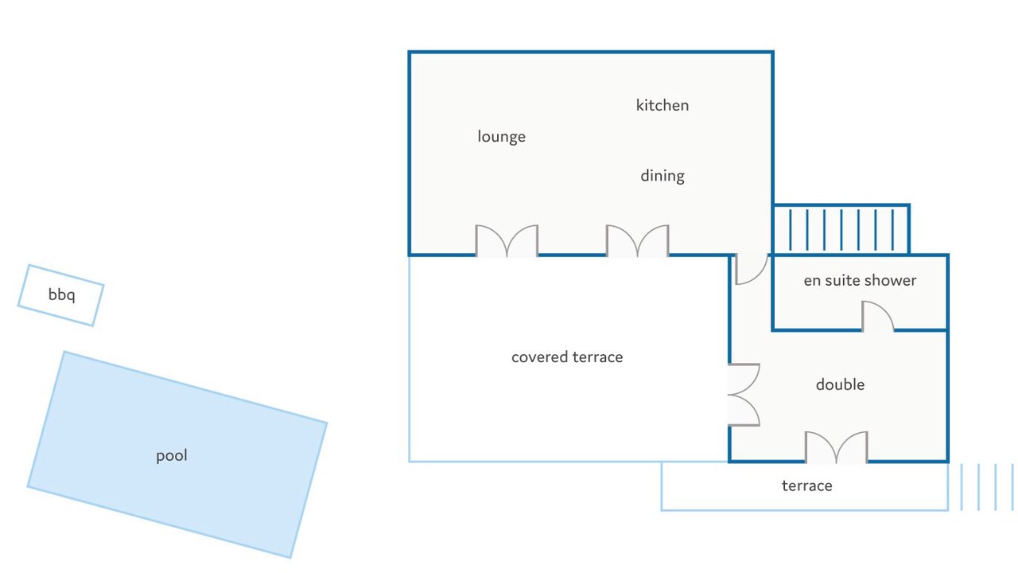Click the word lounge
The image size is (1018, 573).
[501, 136]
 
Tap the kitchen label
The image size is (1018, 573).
[662, 105]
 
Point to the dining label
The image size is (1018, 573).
[662, 176]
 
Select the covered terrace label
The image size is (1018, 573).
[567, 357]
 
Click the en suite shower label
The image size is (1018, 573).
[860, 280]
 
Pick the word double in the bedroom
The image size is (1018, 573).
[840, 384]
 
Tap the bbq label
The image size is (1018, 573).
[61, 294]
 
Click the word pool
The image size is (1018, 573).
[171, 455]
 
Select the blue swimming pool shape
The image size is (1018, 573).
[177, 454]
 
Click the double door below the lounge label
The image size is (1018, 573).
[507, 240]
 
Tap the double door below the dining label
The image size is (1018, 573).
[638, 240]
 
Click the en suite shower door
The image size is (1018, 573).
[877, 316]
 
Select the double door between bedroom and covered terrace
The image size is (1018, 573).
[744, 395]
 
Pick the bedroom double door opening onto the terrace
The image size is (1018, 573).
[836, 447]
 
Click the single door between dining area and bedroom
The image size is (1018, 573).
[752, 269]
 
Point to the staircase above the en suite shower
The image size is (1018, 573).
[841, 228]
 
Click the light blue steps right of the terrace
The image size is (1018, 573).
[987, 486]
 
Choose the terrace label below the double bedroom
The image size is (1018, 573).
[806, 485]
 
